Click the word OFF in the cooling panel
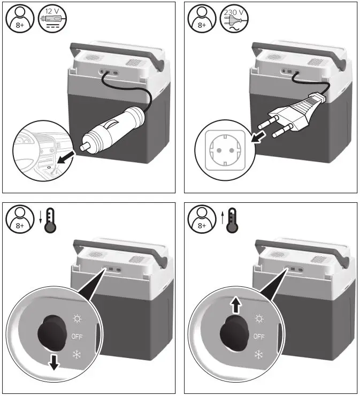tap(76, 337)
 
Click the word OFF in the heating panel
tap(259, 337)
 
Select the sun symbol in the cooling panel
tap(77, 319)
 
